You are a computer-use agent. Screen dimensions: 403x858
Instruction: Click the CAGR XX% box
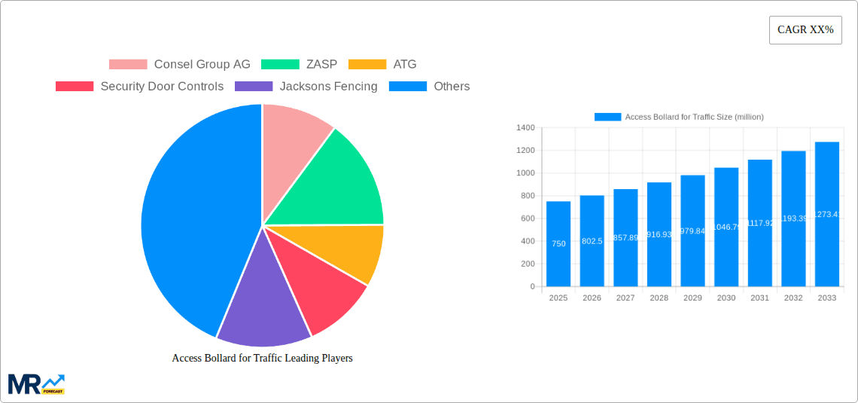805,30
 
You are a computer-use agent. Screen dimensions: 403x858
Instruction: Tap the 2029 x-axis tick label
692,298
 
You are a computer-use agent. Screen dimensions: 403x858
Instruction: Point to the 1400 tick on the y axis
525,128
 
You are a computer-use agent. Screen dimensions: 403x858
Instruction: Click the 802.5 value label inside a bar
592,241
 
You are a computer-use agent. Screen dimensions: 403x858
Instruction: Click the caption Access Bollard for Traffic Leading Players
262,359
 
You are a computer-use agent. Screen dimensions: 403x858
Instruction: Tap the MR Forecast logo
36,383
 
